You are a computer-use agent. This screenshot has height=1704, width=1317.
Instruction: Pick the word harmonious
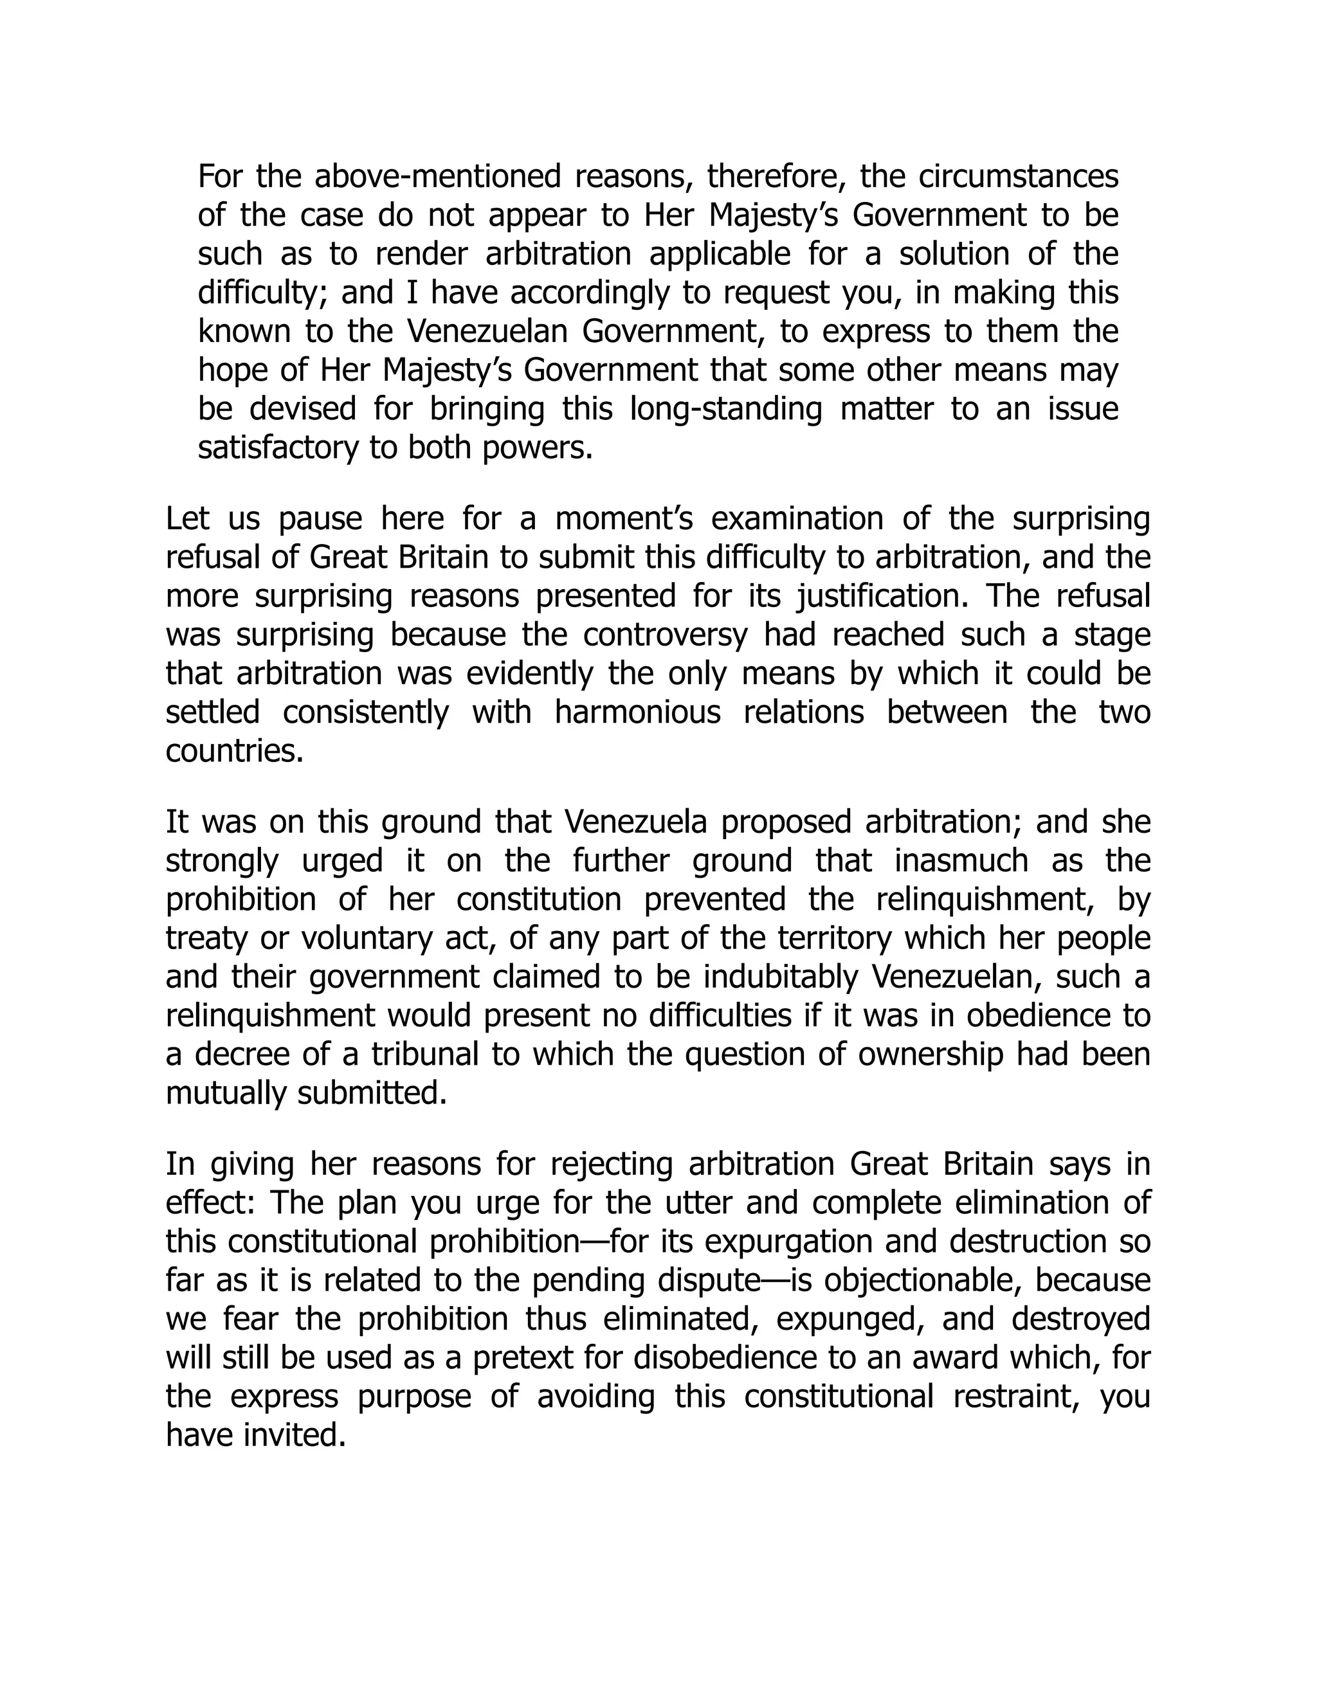pyautogui.click(x=637, y=712)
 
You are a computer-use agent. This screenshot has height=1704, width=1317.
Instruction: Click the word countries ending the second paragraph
pyautogui.click(x=234, y=751)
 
